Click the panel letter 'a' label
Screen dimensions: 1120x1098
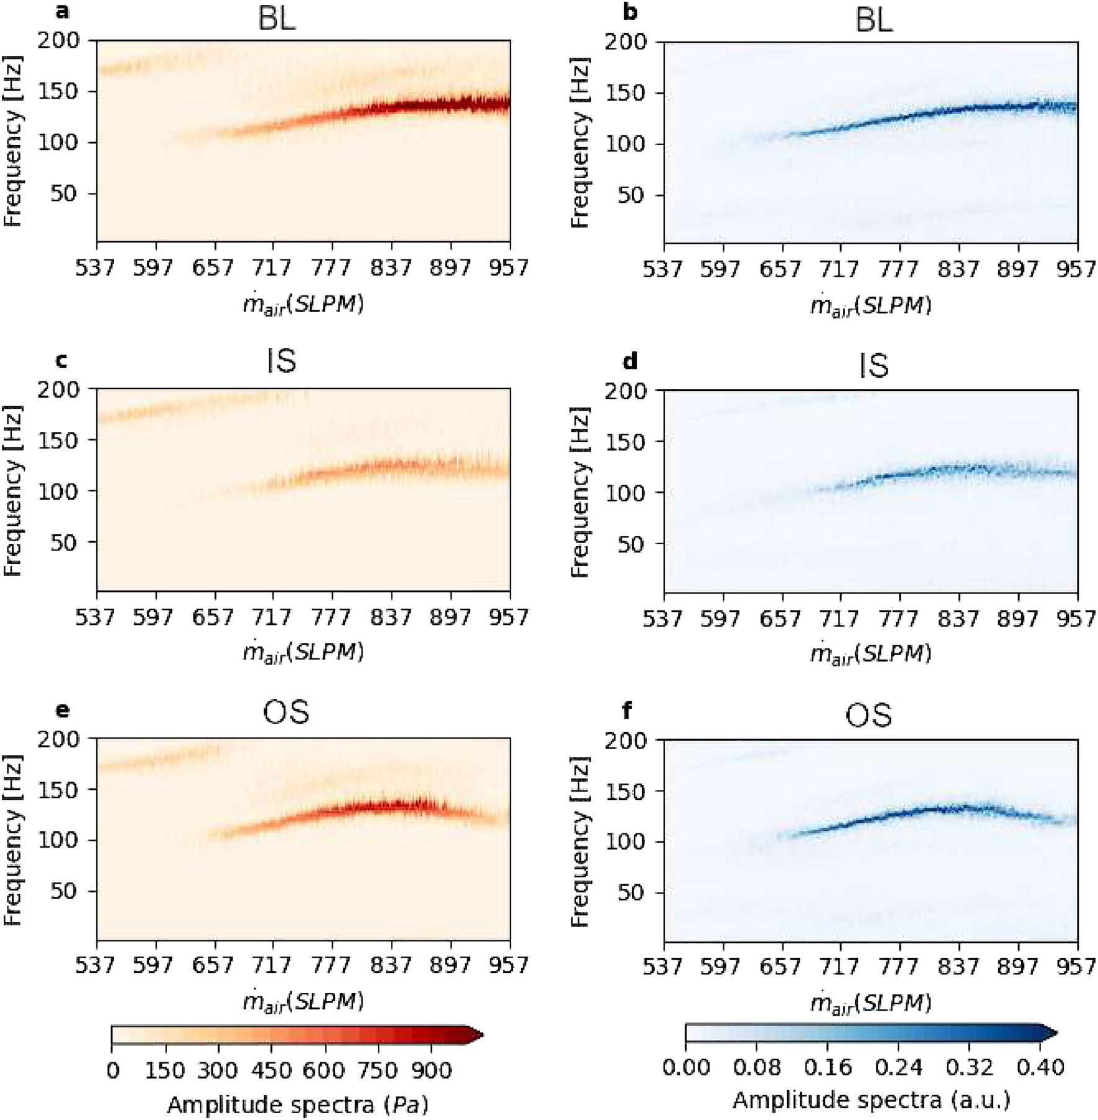coord(62,11)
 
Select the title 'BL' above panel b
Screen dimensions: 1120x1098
coord(873,20)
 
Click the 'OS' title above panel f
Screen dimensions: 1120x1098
coord(868,715)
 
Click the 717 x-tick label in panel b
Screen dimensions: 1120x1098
coord(840,269)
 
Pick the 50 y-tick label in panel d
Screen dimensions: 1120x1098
coord(633,544)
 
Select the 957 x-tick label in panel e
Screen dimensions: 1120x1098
coord(509,965)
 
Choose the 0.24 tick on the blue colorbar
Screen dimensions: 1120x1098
coord(898,1067)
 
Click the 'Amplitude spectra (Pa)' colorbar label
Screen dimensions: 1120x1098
coord(298,1104)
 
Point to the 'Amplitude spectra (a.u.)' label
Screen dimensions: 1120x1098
coord(872,1100)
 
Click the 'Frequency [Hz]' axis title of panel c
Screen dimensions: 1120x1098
coord(13,490)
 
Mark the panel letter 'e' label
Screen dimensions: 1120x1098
coord(62,710)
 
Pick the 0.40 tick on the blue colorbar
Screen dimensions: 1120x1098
coord(1040,1067)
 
